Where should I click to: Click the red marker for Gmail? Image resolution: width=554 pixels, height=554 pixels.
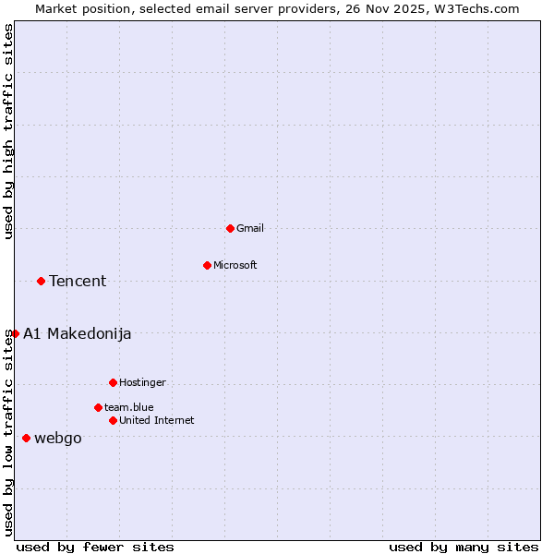tap(230, 228)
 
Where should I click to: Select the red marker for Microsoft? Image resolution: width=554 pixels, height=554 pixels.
tap(207, 265)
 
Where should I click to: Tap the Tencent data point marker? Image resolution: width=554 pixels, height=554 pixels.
tap(41, 281)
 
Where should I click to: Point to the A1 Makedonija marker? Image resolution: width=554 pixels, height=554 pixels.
tap(15, 333)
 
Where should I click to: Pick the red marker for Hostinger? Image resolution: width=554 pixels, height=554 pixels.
tap(113, 382)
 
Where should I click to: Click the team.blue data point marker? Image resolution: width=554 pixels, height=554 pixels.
tap(98, 407)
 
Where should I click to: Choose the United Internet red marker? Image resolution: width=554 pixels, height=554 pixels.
tap(113, 420)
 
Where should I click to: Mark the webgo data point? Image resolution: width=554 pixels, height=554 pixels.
tap(26, 438)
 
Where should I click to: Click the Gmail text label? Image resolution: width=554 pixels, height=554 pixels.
tap(250, 228)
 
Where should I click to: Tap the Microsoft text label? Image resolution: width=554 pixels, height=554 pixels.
tap(235, 265)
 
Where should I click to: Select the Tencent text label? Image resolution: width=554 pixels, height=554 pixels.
tap(78, 282)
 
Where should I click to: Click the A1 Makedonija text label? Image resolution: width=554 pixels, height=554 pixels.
tap(78, 334)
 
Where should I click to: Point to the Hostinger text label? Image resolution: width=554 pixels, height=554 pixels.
tap(142, 382)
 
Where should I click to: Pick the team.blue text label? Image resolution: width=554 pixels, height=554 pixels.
tap(129, 407)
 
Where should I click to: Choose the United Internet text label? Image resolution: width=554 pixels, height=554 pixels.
tap(157, 420)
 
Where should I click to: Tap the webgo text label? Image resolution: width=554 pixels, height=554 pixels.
tap(58, 439)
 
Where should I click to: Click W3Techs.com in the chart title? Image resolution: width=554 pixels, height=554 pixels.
tap(477, 8)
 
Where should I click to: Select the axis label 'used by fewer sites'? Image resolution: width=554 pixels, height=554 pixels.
tap(95, 547)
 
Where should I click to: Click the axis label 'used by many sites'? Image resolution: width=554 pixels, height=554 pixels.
tap(464, 547)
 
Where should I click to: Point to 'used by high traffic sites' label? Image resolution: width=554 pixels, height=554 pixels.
tap(8, 131)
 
